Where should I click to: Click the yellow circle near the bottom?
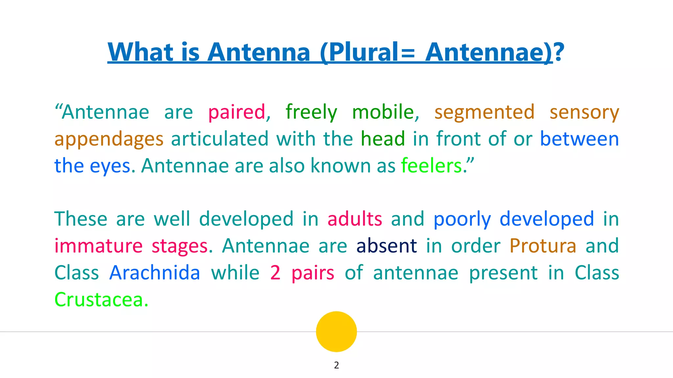coord(336,331)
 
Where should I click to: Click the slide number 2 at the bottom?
coord(336,365)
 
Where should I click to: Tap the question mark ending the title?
coord(559,52)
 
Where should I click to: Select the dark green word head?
coord(383,139)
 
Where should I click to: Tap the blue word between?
coord(579,139)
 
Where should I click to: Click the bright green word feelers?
coord(431,166)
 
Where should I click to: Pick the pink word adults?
coord(355,219)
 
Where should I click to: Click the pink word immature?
coord(98,246)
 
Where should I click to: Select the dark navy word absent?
coord(386,246)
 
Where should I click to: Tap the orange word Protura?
coord(543,246)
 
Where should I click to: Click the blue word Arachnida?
coord(154,273)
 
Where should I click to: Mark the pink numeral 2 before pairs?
coord(275,273)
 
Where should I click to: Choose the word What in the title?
coord(140,52)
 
